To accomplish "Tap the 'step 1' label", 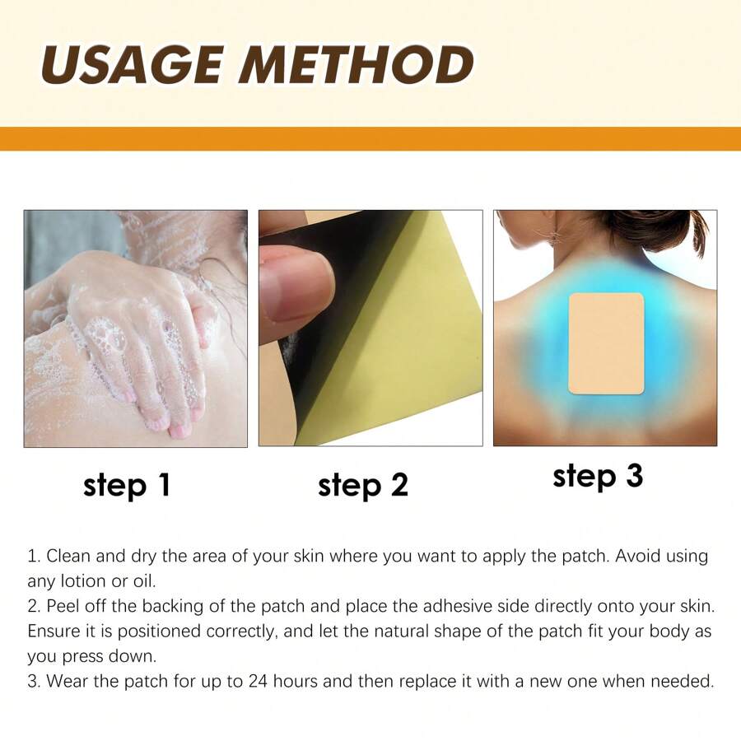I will tap(127, 485).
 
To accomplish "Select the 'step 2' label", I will tap(363, 485).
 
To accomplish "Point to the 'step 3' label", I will tap(598, 476).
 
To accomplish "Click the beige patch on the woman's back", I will tap(606, 343).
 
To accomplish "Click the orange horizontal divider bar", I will tap(370, 138).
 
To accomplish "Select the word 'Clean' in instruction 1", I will tap(68, 556).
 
